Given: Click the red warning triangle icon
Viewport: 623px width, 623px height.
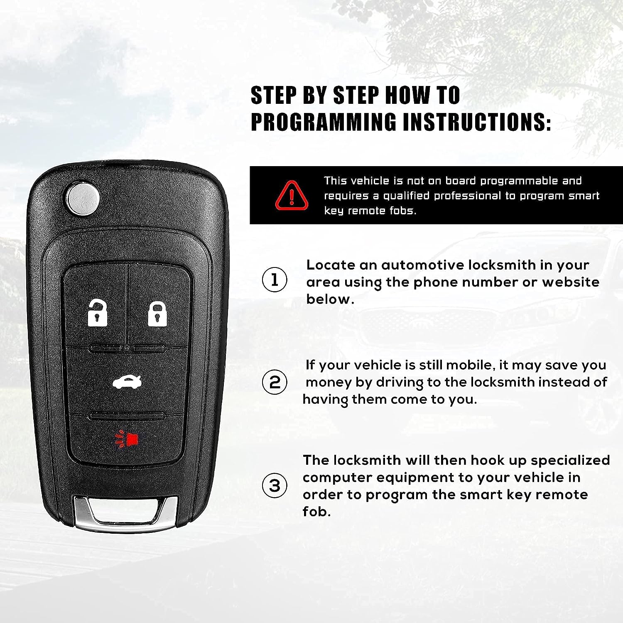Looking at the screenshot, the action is (x=292, y=195).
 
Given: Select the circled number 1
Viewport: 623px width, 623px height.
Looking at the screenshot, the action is (x=275, y=280).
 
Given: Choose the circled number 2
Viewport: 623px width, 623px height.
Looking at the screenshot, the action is (x=275, y=382).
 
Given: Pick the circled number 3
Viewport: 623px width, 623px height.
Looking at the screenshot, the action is (x=275, y=486).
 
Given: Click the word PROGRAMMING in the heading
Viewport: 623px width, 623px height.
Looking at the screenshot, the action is (x=324, y=122).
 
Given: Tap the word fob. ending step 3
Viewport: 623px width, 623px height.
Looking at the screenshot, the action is (x=316, y=511).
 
